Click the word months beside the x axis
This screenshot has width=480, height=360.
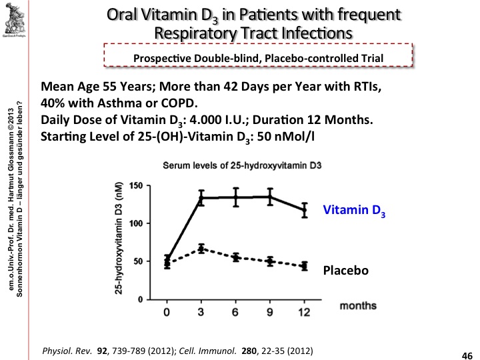358,306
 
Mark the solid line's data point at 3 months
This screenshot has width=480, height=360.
182,197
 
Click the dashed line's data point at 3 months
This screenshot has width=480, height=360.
182,249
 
